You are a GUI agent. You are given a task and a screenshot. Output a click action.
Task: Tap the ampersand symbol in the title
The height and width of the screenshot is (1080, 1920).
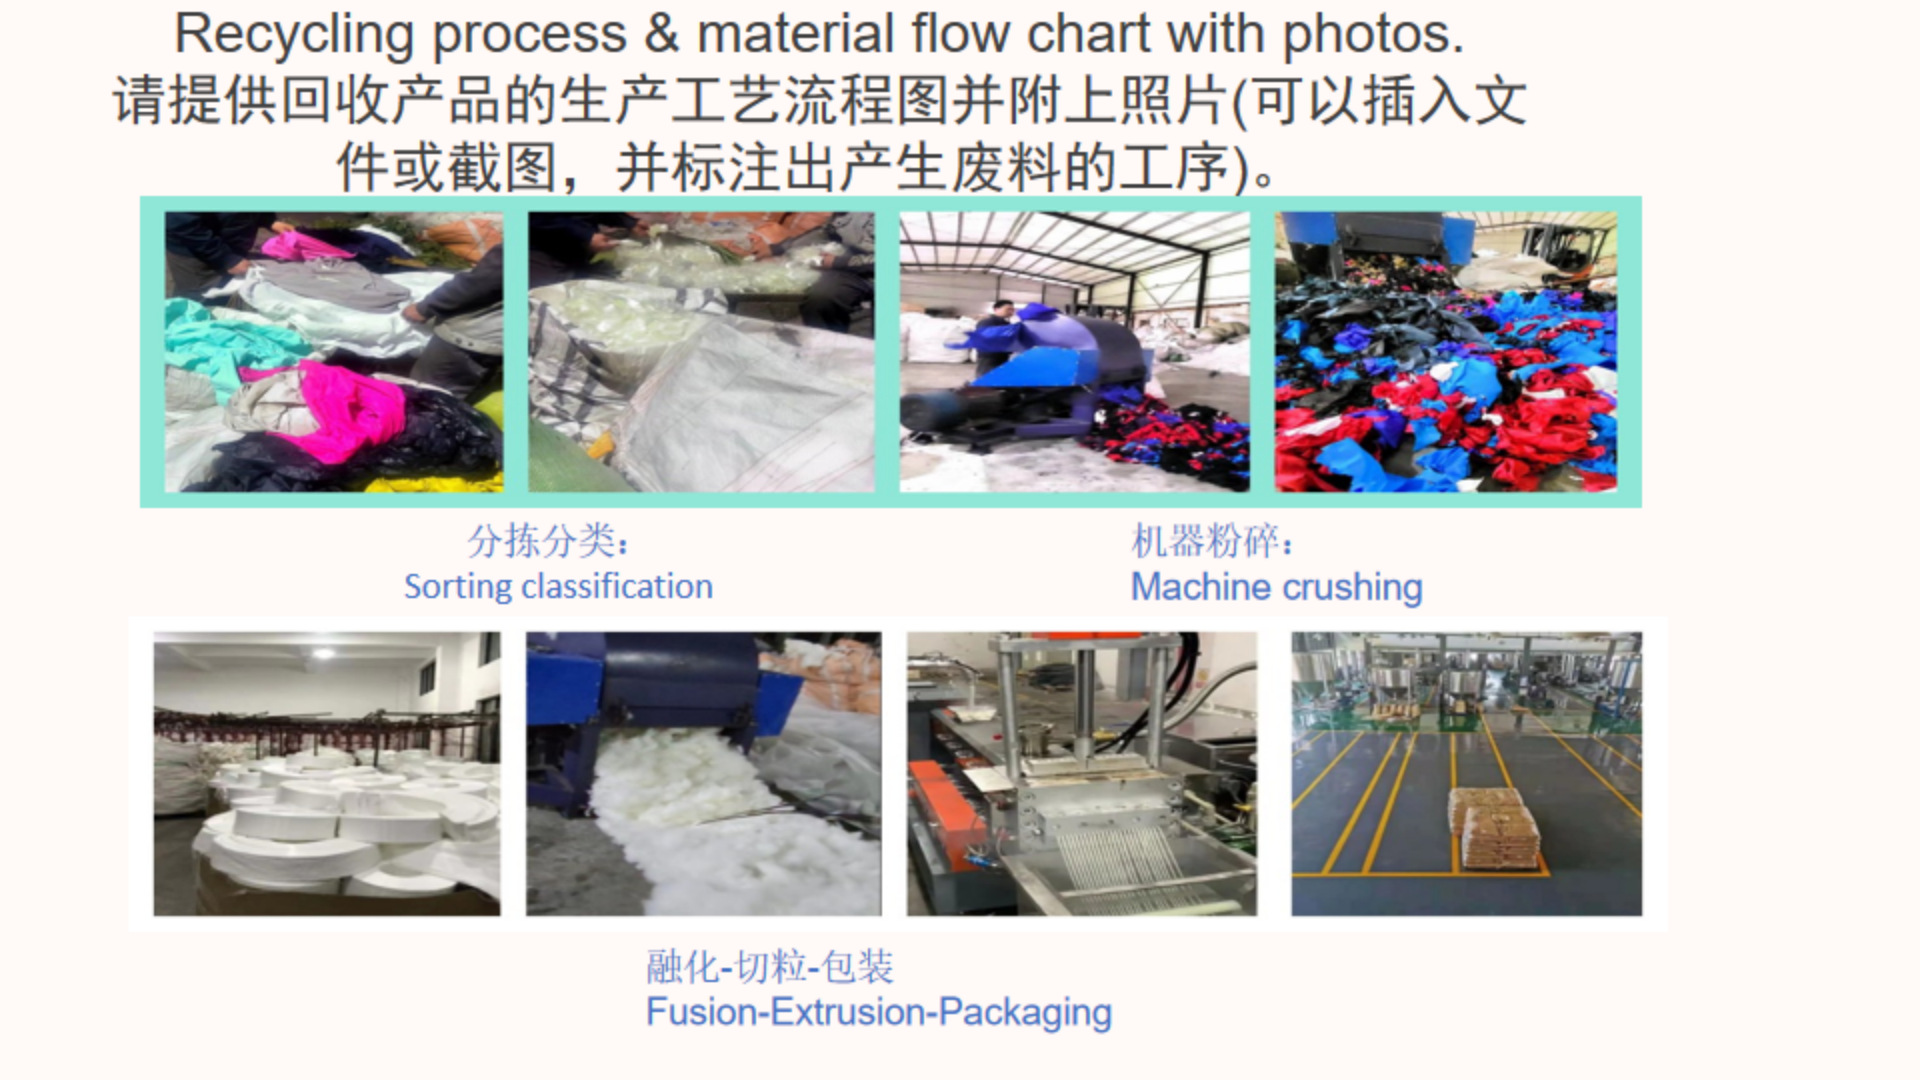coord(661,35)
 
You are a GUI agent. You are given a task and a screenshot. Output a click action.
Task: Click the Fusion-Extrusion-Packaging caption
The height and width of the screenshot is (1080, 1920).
coord(878,1012)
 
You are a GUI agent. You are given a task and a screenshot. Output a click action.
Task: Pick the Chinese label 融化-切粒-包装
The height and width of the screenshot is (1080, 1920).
coord(769,967)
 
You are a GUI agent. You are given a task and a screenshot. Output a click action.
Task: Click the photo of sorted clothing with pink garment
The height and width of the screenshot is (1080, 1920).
coord(334,352)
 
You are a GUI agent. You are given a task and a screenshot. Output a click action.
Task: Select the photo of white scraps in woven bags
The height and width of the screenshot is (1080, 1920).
coord(701,352)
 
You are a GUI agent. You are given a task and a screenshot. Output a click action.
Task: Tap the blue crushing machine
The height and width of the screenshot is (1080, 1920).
coord(1050,360)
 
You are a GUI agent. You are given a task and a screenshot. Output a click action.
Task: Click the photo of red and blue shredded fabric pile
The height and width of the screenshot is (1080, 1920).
coord(1446,352)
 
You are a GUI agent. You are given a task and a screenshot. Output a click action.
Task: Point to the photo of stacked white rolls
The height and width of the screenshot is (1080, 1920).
coord(327,774)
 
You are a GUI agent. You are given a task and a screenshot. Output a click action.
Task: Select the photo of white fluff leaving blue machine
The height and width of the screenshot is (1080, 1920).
coord(704,774)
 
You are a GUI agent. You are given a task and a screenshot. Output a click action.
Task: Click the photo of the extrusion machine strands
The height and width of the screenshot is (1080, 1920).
coord(1082,774)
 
